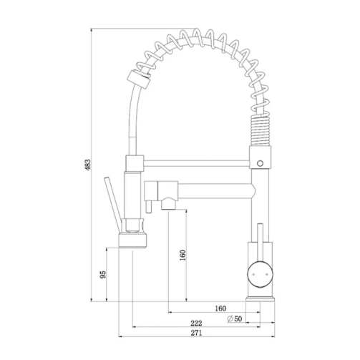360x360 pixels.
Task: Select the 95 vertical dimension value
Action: [103, 275]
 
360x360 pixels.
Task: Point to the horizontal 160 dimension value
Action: [220, 308]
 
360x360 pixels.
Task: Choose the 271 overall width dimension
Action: [195, 334]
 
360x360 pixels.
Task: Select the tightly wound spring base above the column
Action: [259, 133]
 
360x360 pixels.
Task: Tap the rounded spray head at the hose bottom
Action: [133, 233]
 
